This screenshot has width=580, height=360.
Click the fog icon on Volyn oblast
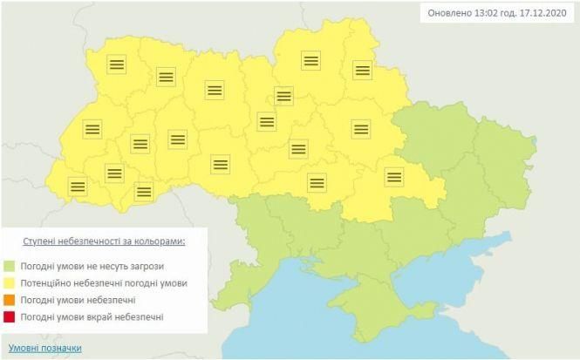tap(115, 64)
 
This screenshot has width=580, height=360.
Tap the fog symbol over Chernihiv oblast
tap(311, 60)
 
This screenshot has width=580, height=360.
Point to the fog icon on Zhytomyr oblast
tap(215, 90)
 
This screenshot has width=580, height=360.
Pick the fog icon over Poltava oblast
tap(361, 129)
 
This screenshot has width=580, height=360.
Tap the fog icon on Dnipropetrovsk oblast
tap(394, 177)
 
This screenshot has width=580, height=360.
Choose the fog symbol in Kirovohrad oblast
tap(317, 182)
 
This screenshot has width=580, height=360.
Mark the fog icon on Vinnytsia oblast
tap(221, 164)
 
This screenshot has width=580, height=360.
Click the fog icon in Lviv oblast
tap(92, 129)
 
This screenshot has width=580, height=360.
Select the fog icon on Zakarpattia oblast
tap(78, 186)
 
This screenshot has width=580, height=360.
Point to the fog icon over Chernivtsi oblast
tap(143, 191)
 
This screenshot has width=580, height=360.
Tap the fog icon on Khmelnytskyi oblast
tap(178, 139)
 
